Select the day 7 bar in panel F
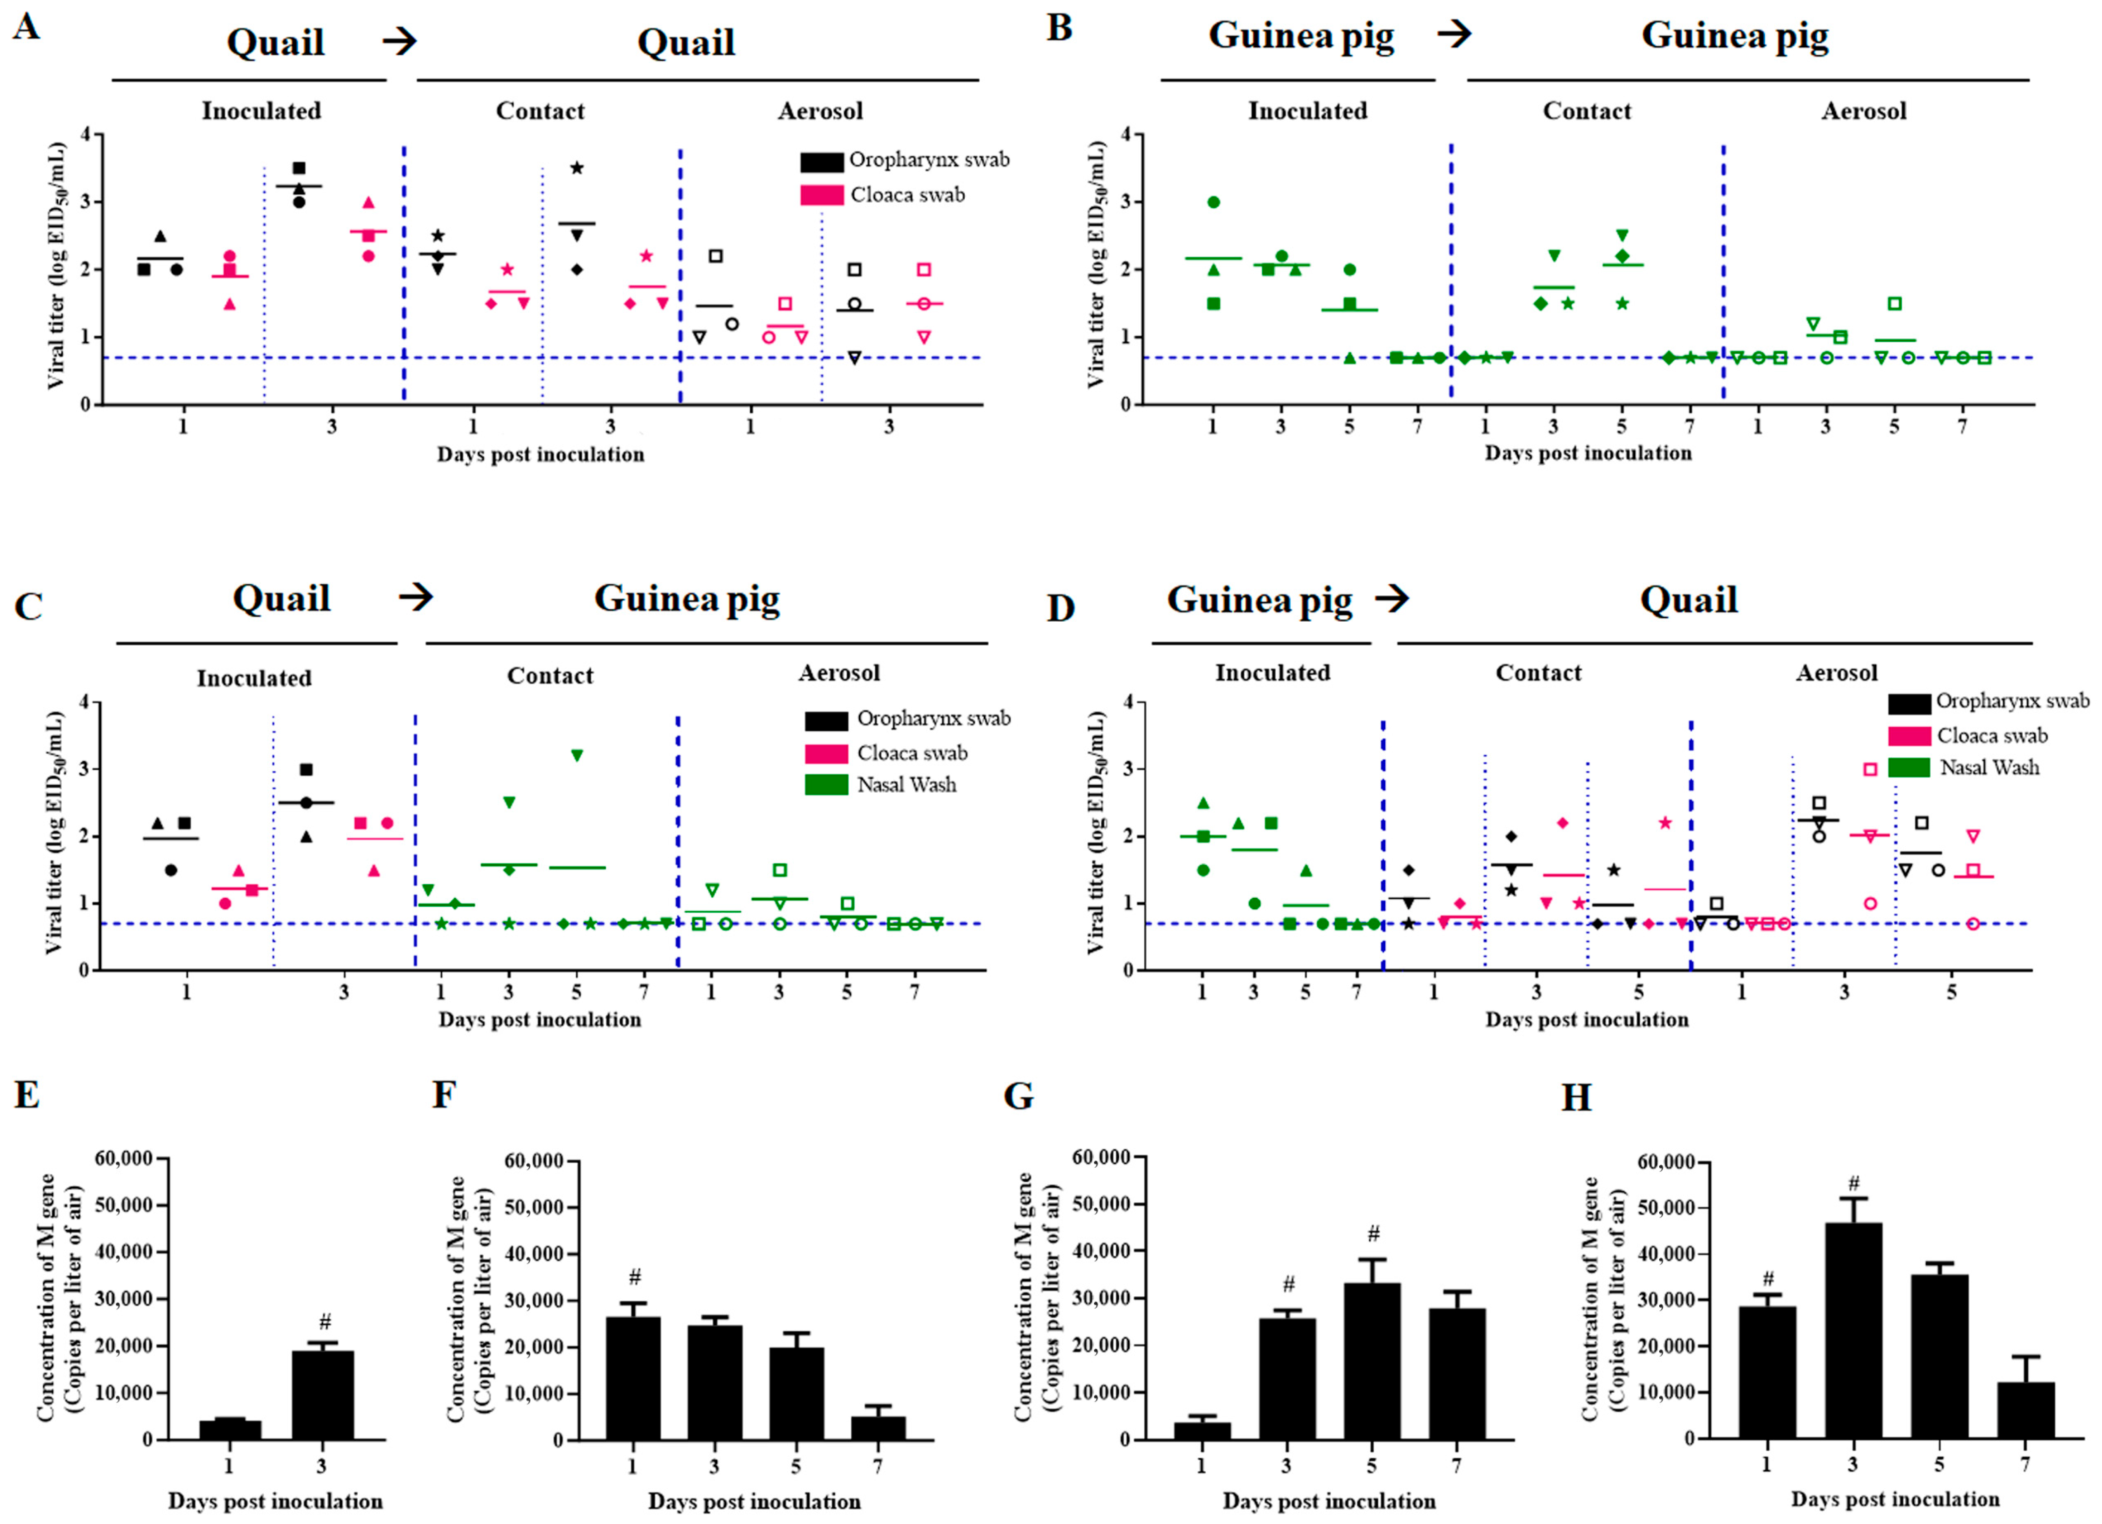878,1427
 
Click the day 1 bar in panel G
1202,1430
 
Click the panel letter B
1059,28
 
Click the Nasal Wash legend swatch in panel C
826,785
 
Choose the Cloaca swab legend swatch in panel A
821,195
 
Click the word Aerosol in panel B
1864,111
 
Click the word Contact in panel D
1539,673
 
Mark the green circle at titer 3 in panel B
1213,202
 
